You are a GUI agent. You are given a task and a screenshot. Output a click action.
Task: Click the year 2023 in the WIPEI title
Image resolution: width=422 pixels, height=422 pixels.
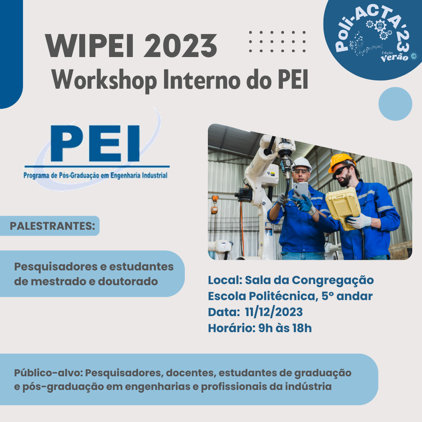[x=181, y=45]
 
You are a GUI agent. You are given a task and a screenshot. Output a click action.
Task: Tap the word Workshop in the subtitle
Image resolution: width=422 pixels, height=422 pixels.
[x=104, y=80]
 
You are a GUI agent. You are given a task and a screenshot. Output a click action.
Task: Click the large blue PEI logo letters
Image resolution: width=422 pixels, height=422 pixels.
[x=95, y=143]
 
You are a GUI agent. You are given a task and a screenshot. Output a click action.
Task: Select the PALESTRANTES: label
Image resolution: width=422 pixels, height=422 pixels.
[x=52, y=226]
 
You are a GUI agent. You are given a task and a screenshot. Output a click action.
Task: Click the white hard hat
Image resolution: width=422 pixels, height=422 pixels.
[x=302, y=163]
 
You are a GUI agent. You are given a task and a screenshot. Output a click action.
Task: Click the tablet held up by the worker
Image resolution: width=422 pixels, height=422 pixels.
[x=301, y=190]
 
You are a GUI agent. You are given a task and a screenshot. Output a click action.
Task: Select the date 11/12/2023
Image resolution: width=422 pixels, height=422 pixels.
[x=274, y=312]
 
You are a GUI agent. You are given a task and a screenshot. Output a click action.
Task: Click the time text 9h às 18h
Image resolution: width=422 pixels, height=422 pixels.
[x=285, y=328]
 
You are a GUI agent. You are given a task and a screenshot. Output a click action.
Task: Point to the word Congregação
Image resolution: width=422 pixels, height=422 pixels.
[x=333, y=281]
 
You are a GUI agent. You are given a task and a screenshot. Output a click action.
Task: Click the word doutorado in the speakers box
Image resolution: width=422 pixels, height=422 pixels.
[x=128, y=281]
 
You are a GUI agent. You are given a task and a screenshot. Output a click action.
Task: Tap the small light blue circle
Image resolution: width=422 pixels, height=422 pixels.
[x=395, y=104]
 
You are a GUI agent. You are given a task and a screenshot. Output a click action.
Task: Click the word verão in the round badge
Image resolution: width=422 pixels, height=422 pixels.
[x=395, y=57]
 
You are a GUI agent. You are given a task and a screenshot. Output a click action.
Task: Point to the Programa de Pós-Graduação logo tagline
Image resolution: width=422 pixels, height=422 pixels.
[x=96, y=175]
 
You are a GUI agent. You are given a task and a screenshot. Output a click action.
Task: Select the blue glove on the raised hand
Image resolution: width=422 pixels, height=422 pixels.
[x=302, y=203]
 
